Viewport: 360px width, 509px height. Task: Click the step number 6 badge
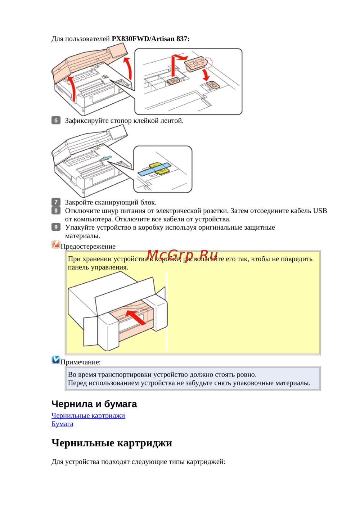pyautogui.click(x=56, y=120)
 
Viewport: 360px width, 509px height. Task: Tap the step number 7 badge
pyautogui.click(x=56, y=202)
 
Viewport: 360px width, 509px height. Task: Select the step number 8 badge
pyautogui.click(x=56, y=210)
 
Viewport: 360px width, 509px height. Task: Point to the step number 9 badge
pyautogui.click(x=56, y=227)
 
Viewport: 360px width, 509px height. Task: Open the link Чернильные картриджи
pyautogui.click(x=88, y=415)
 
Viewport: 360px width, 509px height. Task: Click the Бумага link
pyautogui.click(x=62, y=424)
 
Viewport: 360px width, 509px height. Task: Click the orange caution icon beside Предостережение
pyautogui.click(x=56, y=244)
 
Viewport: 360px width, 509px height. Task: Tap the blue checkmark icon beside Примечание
pyautogui.click(x=56, y=360)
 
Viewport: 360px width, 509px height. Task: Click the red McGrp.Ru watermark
pyautogui.click(x=182, y=255)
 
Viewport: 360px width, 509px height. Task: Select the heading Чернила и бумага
pyautogui.click(x=94, y=404)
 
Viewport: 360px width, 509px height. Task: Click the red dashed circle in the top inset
pyautogui.click(x=208, y=62)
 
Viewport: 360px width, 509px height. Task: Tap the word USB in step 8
pyautogui.click(x=320, y=211)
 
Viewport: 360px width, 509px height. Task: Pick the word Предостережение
pyautogui.click(x=88, y=247)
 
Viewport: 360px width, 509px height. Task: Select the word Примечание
pyautogui.click(x=81, y=362)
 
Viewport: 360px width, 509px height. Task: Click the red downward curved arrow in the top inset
pyautogui.click(x=206, y=75)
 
